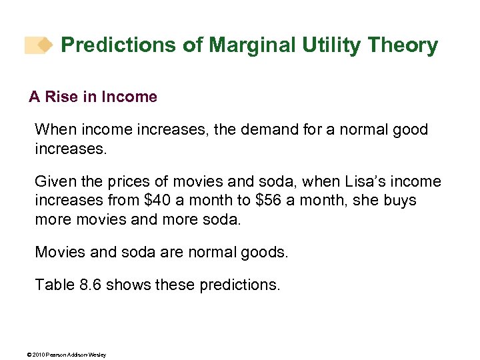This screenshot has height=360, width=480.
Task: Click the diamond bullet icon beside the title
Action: pyautogui.click(x=44, y=45)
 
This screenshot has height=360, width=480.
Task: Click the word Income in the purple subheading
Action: pyautogui.click(x=129, y=97)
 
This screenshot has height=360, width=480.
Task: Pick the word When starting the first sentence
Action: pyautogui.click(x=54, y=129)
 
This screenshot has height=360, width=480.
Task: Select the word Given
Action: pyautogui.click(x=53, y=182)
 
